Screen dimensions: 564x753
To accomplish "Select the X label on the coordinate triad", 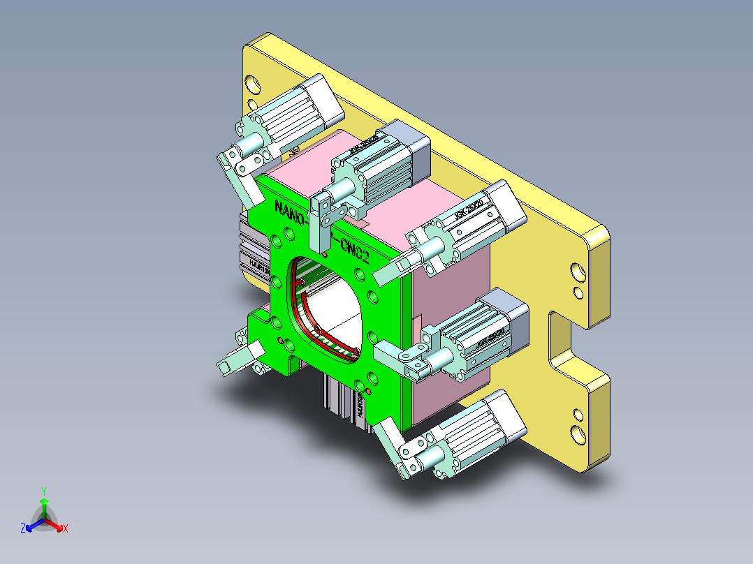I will (66, 529).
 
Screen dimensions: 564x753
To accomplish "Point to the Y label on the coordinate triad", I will (43, 491).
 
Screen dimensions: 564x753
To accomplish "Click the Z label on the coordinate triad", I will (22, 529).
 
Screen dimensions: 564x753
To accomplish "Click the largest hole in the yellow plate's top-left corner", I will (254, 84).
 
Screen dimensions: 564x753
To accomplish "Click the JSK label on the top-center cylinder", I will (365, 147).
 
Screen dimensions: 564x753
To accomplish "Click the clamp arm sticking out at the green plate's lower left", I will (233, 361).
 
